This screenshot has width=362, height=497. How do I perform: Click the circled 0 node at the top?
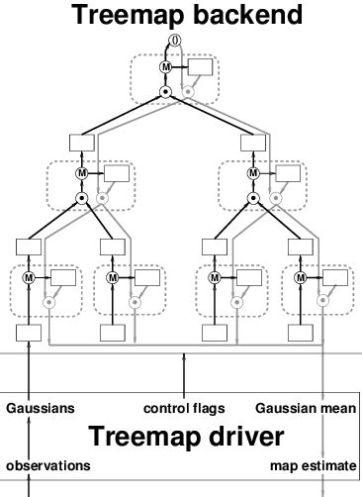point(175,41)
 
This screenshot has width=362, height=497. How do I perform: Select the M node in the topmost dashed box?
point(165,67)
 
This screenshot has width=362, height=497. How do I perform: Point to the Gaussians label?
point(41,408)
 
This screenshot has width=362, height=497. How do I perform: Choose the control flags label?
point(184,409)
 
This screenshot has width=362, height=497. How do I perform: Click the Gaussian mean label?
point(306,408)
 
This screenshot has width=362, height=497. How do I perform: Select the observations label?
point(48,466)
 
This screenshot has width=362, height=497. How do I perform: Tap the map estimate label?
point(314,466)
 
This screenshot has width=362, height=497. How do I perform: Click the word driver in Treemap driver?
point(246,436)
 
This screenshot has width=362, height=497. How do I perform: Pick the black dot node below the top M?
point(165,92)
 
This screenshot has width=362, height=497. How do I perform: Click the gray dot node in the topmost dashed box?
point(188,92)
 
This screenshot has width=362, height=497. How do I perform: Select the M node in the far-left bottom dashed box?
point(29,277)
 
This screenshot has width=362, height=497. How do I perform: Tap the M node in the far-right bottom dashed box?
point(301,277)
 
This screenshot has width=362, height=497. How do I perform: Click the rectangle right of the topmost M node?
point(200,67)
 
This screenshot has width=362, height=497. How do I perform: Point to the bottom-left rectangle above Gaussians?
point(29,333)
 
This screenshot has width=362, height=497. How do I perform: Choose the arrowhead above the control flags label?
point(184,356)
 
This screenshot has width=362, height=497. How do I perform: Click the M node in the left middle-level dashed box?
point(82,173)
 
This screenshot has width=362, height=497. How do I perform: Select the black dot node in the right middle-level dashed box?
point(253,198)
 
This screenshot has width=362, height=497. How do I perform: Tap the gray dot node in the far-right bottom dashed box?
point(323,300)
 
